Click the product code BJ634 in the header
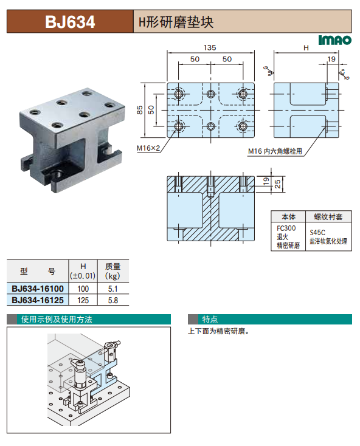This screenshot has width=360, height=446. tap(70, 22)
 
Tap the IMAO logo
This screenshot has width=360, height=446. tap(334, 40)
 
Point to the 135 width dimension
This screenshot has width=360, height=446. tap(210, 47)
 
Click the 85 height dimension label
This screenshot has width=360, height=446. tap(140, 110)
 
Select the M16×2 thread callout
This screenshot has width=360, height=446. tap(148, 148)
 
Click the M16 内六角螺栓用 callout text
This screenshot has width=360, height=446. tap(275, 151)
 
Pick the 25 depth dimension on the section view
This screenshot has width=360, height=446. tap(277, 184)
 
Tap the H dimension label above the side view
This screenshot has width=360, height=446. tap(306, 48)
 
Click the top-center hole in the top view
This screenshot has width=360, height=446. tap(210, 94)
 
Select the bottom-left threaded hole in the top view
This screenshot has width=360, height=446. tap(178, 126)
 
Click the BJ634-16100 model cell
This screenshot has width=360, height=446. tap(38, 289)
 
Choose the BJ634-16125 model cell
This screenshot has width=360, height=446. tap(38, 300)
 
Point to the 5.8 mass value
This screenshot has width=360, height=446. tap(113, 300)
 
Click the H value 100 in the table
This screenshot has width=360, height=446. tap(83, 289)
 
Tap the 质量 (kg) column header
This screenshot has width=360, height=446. tap(112, 271)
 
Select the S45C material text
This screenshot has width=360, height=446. tap(317, 232)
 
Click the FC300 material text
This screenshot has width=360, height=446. tap(286, 228)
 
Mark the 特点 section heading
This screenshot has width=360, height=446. tap(210, 319)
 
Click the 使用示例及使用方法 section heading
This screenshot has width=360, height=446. tap(57, 319)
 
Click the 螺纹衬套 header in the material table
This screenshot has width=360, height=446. tap(328, 217)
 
